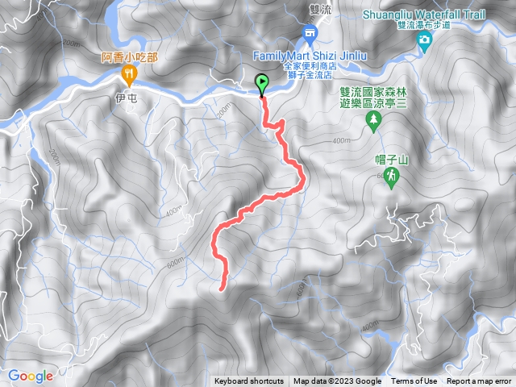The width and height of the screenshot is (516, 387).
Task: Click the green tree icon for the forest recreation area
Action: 373,120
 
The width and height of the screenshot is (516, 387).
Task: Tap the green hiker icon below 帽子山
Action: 392,178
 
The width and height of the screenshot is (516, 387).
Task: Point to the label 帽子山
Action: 393,160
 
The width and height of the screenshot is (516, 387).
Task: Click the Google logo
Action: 31,376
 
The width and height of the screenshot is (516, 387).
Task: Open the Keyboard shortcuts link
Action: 249,381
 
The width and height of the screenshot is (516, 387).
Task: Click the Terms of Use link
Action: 414,381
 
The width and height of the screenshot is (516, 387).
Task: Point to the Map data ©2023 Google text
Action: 337,381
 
